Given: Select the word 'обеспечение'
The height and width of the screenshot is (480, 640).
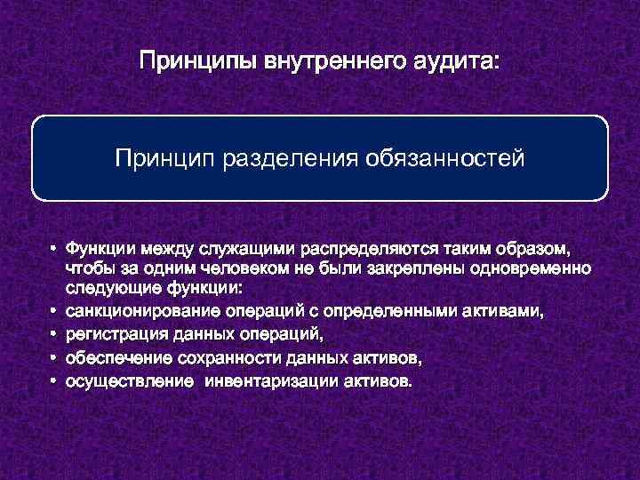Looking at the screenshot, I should click(x=111, y=358).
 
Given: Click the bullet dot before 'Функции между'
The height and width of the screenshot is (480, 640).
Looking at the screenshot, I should click(x=54, y=248).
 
